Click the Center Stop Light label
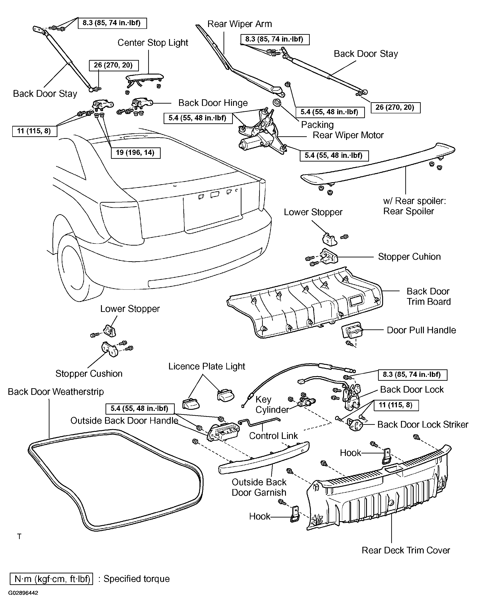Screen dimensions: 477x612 (x=153, y=42)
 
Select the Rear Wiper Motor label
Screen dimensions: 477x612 (x=348, y=135)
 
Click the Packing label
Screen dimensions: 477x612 (x=317, y=125)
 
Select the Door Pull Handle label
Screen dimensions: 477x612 (x=421, y=330)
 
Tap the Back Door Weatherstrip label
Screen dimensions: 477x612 (x=56, y=391)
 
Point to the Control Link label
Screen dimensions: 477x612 (x=273, y=436)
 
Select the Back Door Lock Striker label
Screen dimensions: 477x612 (x=423, y=425)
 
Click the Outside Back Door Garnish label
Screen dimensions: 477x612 (x=259, y=487)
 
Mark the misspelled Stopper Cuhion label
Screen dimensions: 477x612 (x=409, y=257)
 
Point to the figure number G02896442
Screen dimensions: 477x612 (x=23, y=593)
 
